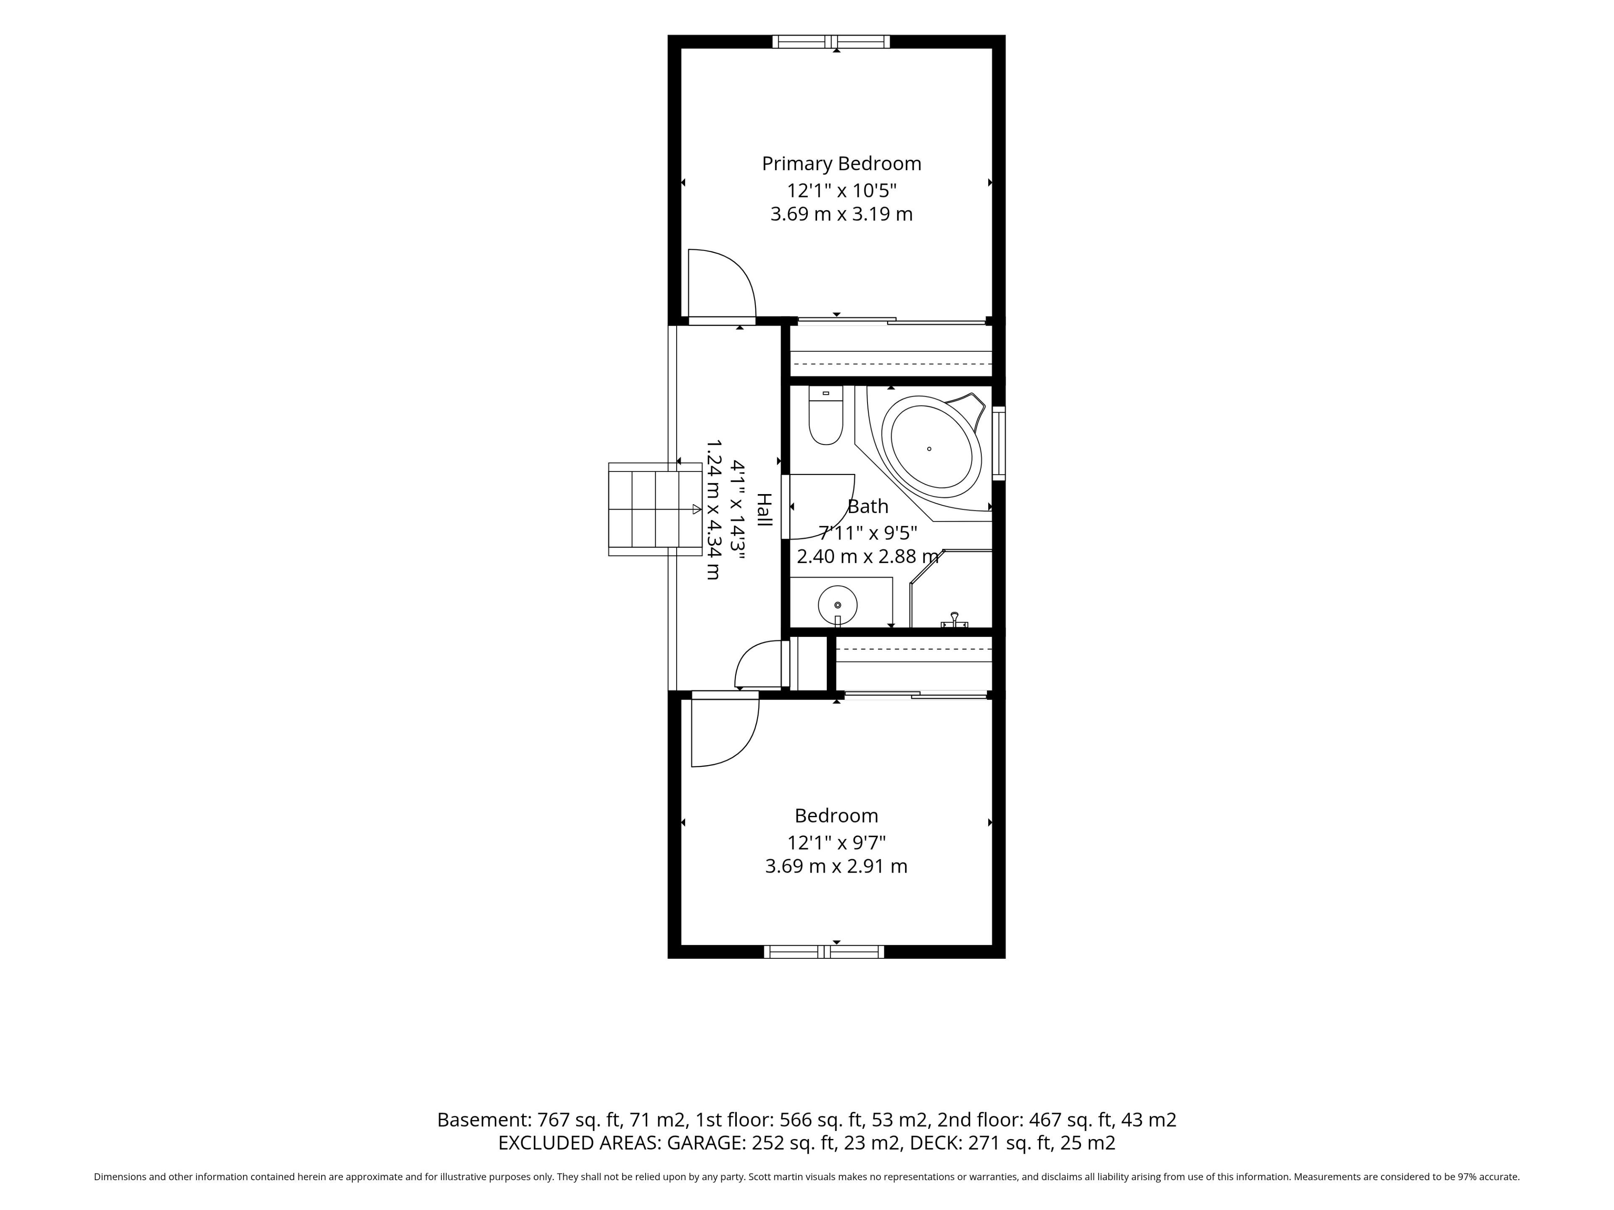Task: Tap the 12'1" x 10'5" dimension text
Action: tap(841, 190)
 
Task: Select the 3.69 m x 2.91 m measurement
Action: tap(836, 866)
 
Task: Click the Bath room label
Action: tap(868, 506)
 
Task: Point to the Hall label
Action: tap(763, 510)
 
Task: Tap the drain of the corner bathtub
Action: tap(929, 449)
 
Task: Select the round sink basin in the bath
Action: tap(838, 605)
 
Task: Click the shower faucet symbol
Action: tap(955, 620)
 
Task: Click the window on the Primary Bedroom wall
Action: tap(831, 42)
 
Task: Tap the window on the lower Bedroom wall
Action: tap(824, 951)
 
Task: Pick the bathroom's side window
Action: tap(999, 443)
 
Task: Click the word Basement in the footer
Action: tap(484, 1120)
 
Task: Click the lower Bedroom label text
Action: tap(836, 815)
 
